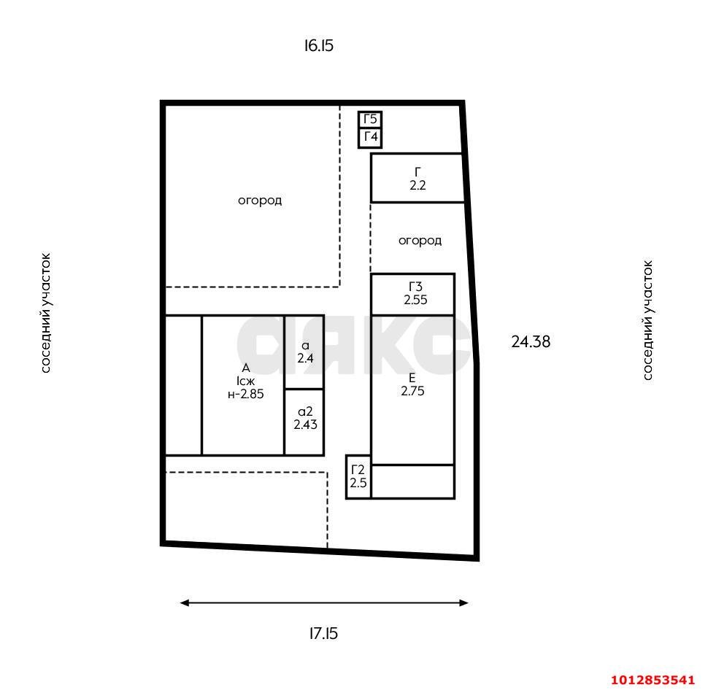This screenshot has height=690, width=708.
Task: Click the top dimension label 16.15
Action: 319,46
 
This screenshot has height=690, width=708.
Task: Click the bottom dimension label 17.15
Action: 323,633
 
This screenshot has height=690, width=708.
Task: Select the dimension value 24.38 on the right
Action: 531,341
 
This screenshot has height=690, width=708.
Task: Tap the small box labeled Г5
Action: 370,120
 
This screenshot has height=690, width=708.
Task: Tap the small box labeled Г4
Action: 370,138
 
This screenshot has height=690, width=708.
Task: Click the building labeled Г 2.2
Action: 417,178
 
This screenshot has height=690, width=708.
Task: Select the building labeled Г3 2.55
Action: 413,293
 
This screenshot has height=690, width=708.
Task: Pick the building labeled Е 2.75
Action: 412,384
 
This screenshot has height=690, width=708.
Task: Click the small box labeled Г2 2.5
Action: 358,476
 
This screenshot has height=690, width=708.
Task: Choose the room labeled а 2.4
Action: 304,352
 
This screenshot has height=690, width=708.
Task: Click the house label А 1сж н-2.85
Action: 245,381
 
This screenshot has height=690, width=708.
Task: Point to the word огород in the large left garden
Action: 259,200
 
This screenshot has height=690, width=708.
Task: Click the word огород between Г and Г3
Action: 420,240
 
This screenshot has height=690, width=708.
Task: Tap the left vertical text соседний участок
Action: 46,313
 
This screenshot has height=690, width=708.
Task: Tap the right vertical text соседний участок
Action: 647,320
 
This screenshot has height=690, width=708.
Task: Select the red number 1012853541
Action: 653,680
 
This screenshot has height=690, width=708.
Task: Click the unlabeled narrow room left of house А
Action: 183,385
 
